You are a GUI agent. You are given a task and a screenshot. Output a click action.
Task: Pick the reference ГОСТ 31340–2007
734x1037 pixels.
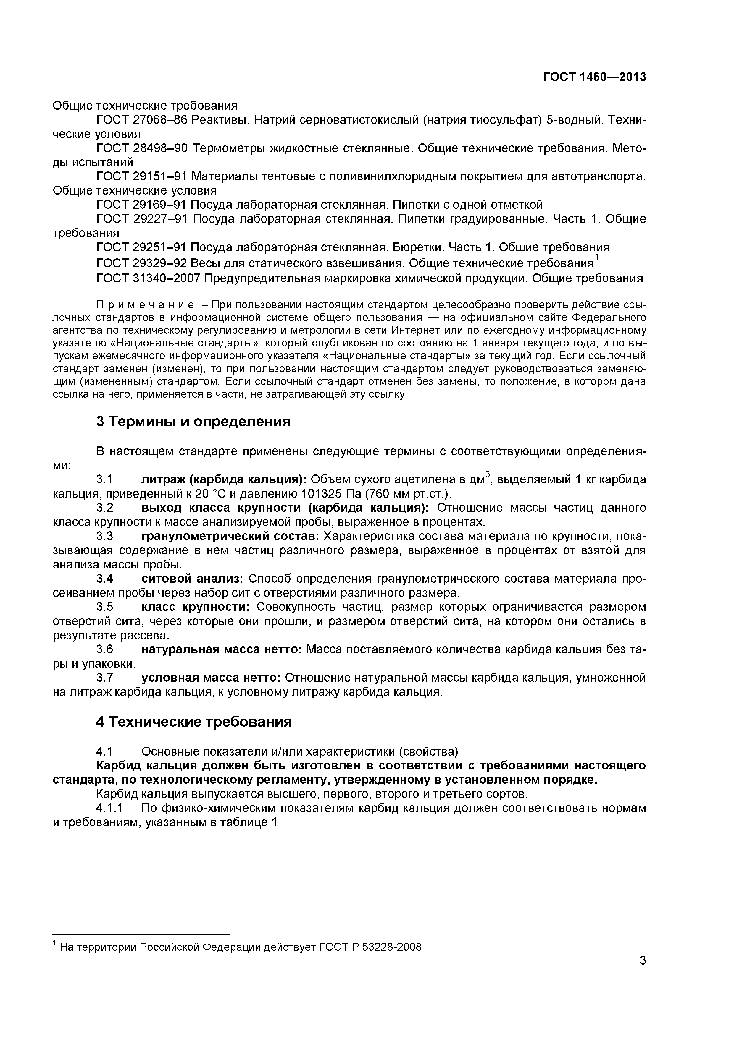(x=148, y=278)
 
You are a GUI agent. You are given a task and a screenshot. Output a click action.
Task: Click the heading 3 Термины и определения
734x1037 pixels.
(x=193, y=422)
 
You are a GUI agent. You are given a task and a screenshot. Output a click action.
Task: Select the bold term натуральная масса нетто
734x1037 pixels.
(x=222, y=649)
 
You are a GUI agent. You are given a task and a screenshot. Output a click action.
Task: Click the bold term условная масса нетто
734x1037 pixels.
(x=212, y=678)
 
